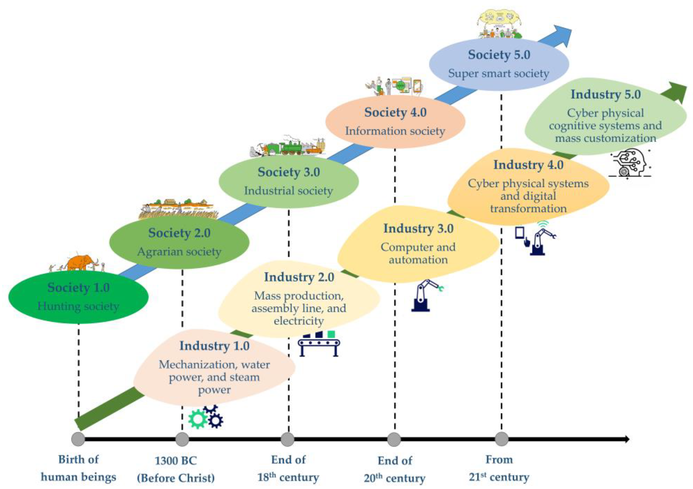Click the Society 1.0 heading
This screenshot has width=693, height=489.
point(78,287)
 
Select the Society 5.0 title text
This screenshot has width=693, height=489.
point(499,55)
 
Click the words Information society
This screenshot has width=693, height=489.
point(395,131)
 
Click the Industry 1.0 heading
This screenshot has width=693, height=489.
point(214,346)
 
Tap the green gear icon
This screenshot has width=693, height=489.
point(198,419)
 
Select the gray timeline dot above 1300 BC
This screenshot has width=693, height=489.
point(182,439)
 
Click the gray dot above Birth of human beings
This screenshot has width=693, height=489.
point(78,439)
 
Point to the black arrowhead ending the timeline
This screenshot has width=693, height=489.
point(627,439)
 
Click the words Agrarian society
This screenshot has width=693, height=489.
point(179,252)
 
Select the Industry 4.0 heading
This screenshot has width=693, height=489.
point(528,165)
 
